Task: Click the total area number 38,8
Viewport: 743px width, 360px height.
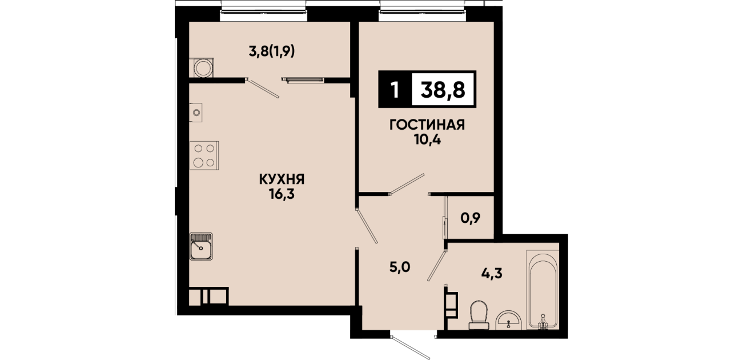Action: click(x=443, y=90)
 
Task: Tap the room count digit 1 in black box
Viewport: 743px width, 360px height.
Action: click(x=395, y=90)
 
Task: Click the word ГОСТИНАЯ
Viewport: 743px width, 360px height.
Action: click(x=427, y=125)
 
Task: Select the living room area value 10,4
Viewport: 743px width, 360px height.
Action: click(x=427, y=140)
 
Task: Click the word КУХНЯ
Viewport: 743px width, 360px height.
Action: click(x=282, y=180)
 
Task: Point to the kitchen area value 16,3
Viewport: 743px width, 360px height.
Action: click(x=282, y=194)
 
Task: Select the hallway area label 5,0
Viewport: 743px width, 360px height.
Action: click(x=400, y=267)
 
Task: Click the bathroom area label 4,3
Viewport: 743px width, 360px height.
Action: click(x=492, y=273)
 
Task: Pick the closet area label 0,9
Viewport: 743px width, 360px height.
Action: click(x=471, y=218)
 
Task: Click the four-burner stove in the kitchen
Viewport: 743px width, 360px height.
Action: click(x=204, y=155)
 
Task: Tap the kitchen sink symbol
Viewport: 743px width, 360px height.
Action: click(x=201, y=246)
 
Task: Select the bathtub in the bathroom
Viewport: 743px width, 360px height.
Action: click(x=543, y=290)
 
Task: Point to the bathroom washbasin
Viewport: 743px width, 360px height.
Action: click(x=508, y=321)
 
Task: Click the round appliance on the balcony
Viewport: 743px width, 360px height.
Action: click(x=202, y=68)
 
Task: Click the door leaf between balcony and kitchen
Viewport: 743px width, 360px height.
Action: click(x=263, y=88)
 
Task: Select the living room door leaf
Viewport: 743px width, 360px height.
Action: click(x=407, y=183)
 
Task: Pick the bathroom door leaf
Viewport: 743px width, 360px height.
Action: click(x=436, y=266)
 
